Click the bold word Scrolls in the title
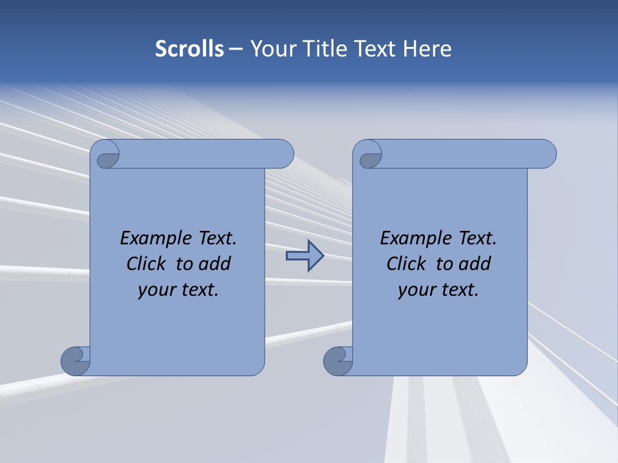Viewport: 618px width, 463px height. (x=189, y=49)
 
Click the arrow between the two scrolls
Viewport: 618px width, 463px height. (x=304, y=256)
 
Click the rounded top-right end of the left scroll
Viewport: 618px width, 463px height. (x=283, y=154)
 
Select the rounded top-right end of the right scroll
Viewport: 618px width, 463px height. (x=546, y=154)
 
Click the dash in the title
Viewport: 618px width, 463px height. (x=236, y=49)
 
